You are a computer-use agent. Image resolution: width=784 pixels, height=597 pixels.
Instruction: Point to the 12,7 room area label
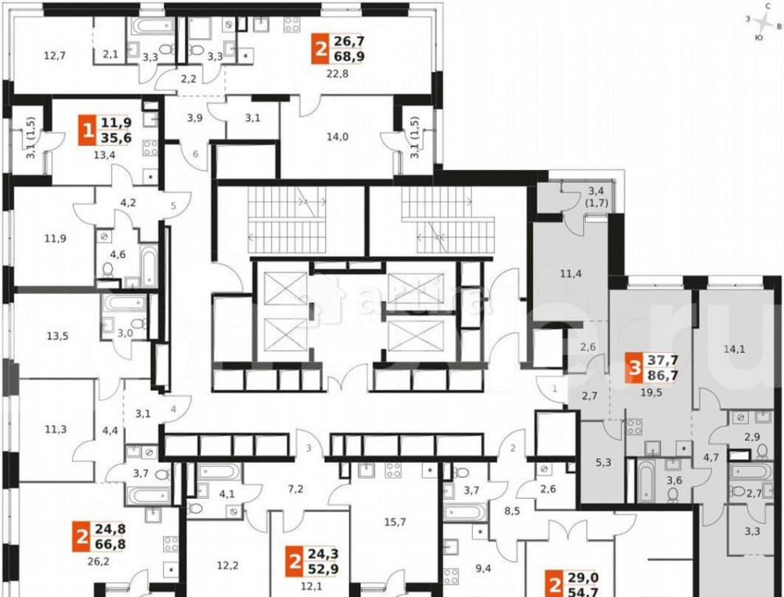coord(55,55)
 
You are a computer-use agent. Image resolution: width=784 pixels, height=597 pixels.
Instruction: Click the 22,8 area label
coord(337,75)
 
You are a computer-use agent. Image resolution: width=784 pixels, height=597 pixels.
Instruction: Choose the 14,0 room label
coord(339,135)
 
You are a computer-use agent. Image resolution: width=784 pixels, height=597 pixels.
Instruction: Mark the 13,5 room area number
coord(57,337)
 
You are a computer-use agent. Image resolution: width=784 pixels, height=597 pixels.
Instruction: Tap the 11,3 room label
coord(55,428)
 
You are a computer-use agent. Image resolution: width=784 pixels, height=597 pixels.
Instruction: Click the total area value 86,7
coord(662,377)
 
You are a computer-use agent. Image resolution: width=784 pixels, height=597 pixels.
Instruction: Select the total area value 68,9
coord(350,56)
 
